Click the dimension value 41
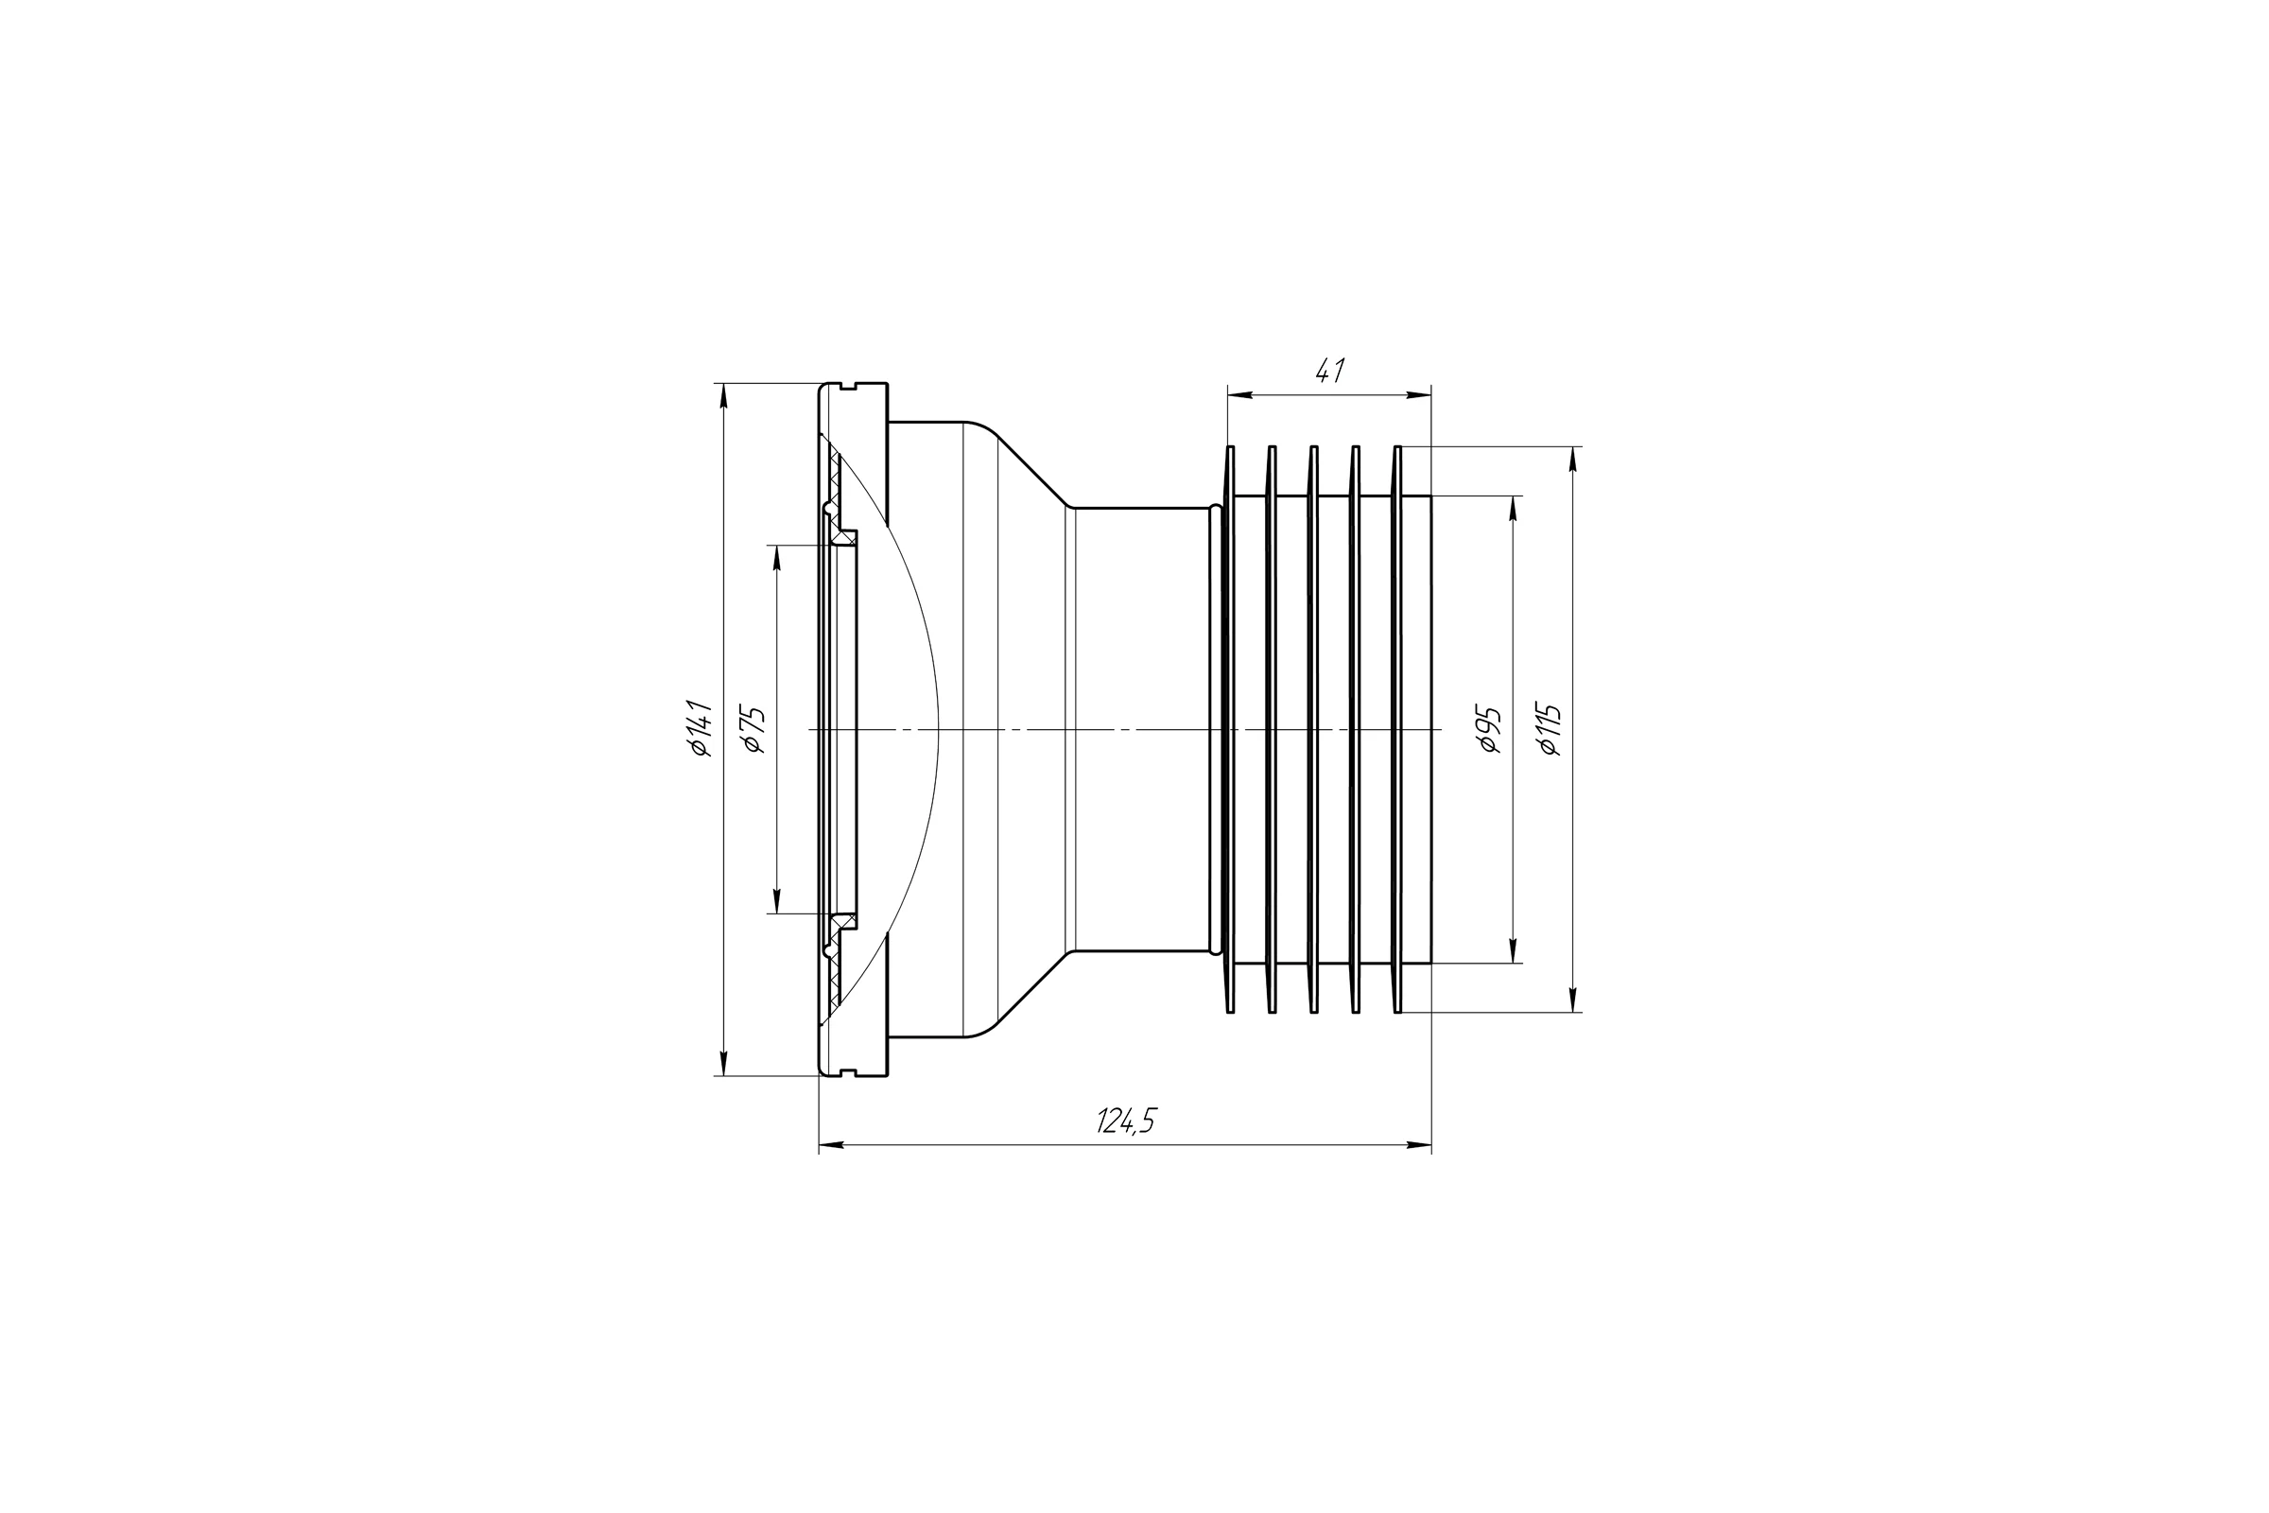(1330, 371)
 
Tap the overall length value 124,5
(1126, 1121)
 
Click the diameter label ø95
(1491, 729)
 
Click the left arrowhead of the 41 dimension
(1239, 394)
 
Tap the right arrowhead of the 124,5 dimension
(1419, 1145)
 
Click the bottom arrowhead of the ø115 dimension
(1573, 1000)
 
